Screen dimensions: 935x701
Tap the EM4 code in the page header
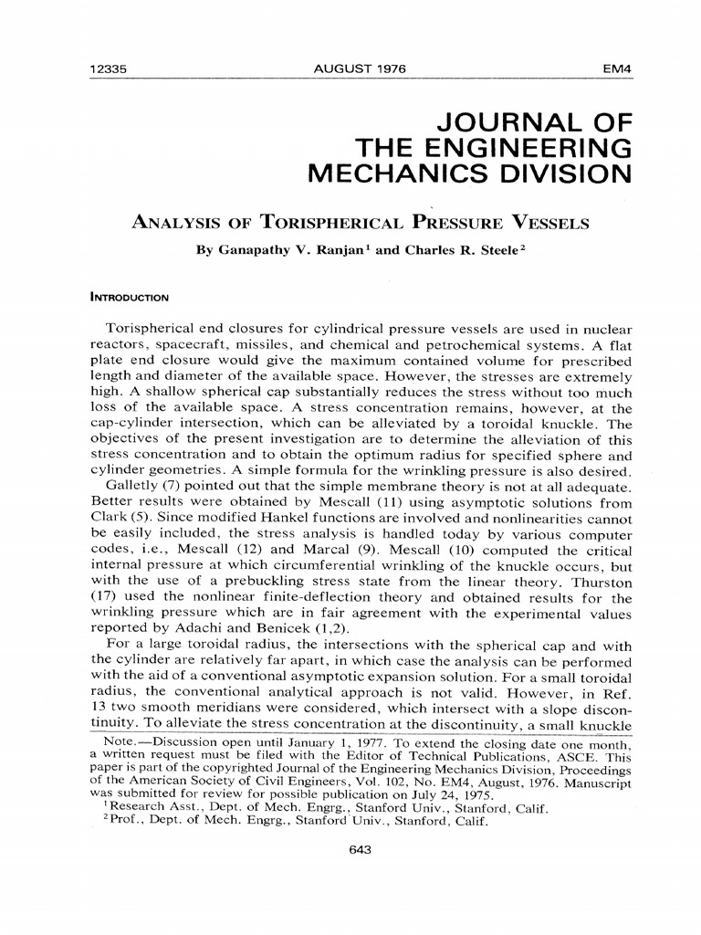[616, 69]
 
